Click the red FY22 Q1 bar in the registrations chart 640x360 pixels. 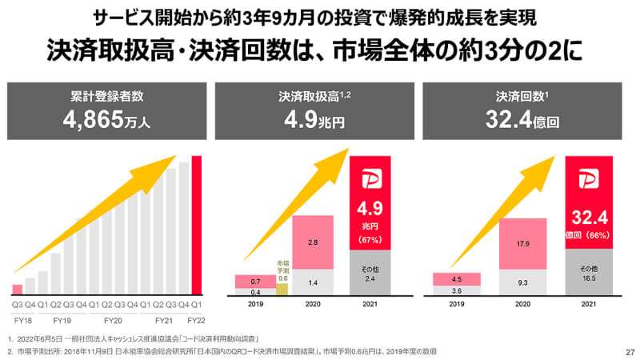(x=197, y=226)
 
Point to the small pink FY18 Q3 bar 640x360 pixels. (x=17, y=290)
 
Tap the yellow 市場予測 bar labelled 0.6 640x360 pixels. (x=282, y=289)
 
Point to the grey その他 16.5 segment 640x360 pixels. (x=589, y=273)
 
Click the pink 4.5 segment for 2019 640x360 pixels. (x=457, y=279)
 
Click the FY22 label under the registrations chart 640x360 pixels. (x=197, y=318)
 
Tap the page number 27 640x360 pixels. (x=628, y=352)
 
